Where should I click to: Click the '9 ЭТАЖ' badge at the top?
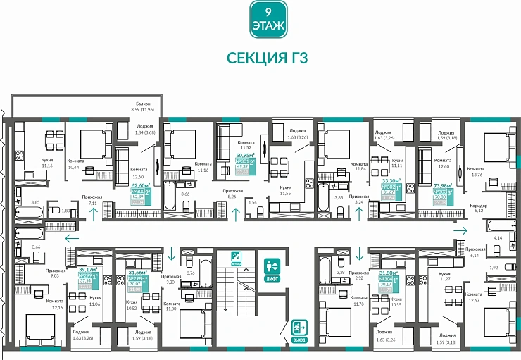click(268, 19)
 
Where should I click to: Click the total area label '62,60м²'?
click(142, 185)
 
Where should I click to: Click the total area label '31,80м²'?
click(388, 272)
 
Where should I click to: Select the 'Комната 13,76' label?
click(476, 171)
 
